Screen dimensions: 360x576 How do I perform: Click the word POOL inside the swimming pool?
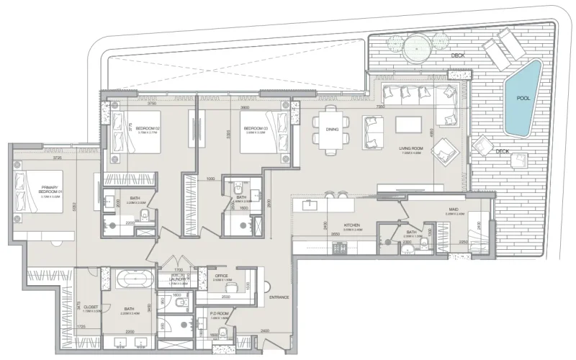(523, 98)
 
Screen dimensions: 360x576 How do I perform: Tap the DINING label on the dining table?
(332, 130)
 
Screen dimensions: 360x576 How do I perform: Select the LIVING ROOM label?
(414, 149)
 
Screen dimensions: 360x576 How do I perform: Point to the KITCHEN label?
(351, 225)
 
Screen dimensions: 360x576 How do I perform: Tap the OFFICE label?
(221, 275)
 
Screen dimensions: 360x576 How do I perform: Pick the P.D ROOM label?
(219, 314)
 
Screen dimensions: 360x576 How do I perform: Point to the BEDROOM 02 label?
(148, 128)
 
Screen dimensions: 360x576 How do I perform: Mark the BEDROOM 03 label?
(256, 128)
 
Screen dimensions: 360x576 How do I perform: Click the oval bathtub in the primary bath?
(130, 278)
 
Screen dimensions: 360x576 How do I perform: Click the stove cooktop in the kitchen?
(338, 249)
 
